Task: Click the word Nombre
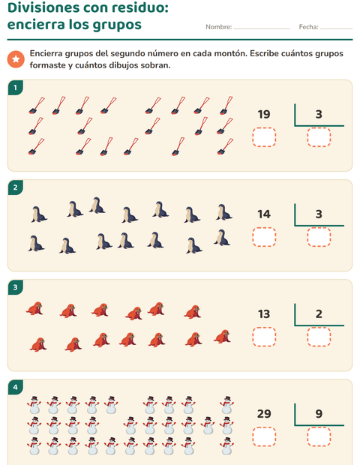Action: [x=218, y=27]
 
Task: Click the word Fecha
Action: [x=308, y=27]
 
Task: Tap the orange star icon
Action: [x=16, y=59]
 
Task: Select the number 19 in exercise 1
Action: [x=264, y=114]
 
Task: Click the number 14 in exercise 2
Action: [x=264, y=214]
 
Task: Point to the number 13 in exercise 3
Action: [x=264, y=314]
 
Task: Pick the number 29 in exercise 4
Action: [x=264, y=414]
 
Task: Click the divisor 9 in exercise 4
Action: [x=319, y=414]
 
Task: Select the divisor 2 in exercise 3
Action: [x=319, y=314]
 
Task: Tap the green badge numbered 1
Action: [x=16, y=88]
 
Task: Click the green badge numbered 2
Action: [x=16, y=187]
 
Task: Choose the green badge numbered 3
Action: [x=16, y=287]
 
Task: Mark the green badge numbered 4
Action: [x=16, y=387]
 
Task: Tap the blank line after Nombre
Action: [x=261, y=29]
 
